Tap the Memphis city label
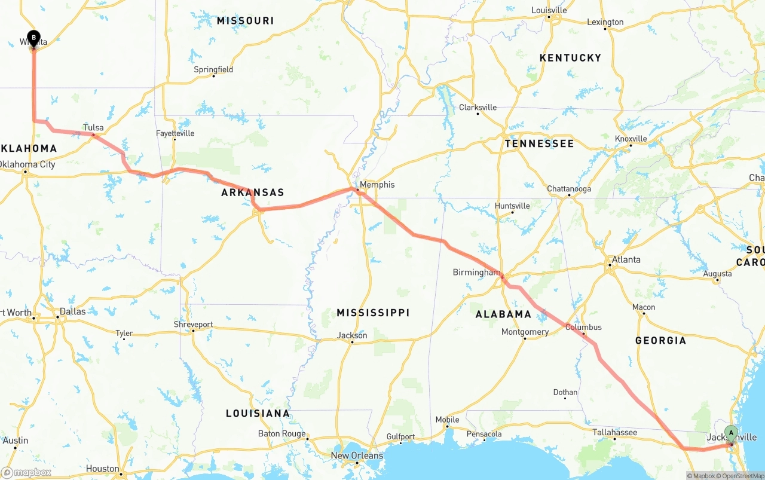tap(377, 185)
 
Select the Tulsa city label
tap(93, 127)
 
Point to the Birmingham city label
tap(476, 273)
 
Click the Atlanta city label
tap(626, 259)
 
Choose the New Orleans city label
tap(357, 455)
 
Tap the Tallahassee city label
tap(614, 432)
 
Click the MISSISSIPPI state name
tap(373, 313)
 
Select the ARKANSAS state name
tap(252, 192)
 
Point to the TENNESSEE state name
tap(538, 143)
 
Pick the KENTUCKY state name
tap(570, 57)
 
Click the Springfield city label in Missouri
tap(213, 69)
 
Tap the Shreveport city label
tap(193, 325)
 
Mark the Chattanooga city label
tap(569, 189)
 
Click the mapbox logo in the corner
tap(26, 472)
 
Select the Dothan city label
tap(565, 392)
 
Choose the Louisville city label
tap(549, 10)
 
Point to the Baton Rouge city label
tap(281, 433)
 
